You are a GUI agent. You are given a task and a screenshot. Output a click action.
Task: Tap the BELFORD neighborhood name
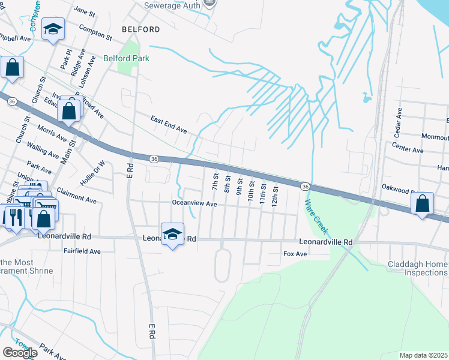(140, 29)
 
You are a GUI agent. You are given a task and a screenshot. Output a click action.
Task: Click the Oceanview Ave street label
(194, 204)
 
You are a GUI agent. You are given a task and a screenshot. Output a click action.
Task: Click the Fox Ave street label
(295, 254)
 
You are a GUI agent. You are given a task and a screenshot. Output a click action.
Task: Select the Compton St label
(95, 32)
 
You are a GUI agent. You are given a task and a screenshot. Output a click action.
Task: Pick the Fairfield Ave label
(82, 251)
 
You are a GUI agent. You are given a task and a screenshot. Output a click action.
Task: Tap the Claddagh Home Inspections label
(417, 268)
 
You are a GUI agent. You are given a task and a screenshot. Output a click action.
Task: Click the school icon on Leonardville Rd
(173, 235)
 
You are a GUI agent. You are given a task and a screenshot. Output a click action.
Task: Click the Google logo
(20, 353)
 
